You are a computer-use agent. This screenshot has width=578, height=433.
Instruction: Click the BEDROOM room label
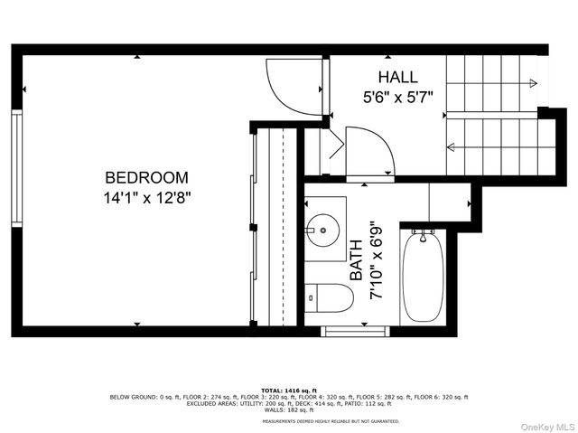click(146, 177)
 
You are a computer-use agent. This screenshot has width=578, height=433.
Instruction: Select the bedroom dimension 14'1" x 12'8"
click(146, 195)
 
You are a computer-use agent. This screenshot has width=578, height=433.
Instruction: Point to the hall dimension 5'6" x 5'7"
click(397, 94)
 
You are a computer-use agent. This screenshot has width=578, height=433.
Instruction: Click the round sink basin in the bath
click(323, 230)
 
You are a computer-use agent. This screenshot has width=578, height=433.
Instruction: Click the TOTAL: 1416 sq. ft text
click(290, 391)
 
